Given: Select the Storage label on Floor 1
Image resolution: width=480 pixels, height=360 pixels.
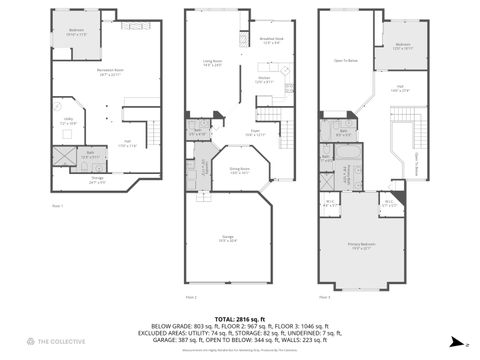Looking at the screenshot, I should pos(97,181).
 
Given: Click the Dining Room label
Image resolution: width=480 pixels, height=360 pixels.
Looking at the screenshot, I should pos(238,171).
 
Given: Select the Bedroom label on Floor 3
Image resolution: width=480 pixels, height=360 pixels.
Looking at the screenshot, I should pos(403,45).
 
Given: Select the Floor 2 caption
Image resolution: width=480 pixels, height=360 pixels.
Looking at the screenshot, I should pos(191,298).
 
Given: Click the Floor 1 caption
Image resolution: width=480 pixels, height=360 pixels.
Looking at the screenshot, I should pos(56,206).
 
